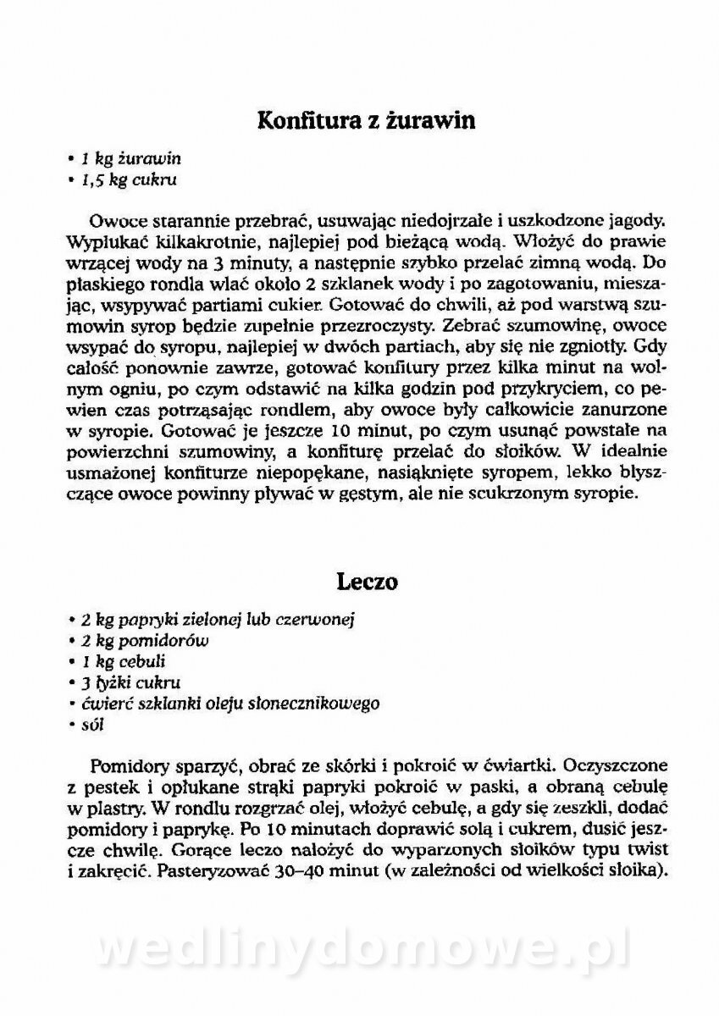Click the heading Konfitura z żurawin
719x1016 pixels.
[367, 121]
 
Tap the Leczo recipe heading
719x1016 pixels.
[367, 583]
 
